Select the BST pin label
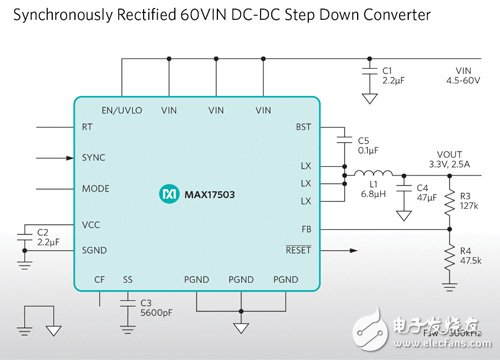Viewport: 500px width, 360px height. [x=304, y=128]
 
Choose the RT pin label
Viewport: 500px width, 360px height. [x=87, y=128]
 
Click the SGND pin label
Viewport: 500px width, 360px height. [x=95, y=250]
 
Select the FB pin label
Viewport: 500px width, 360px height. [x=306, y=228]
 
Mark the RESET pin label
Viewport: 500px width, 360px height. [x=298, y=250]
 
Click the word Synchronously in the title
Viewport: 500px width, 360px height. [x=56, y=17]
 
